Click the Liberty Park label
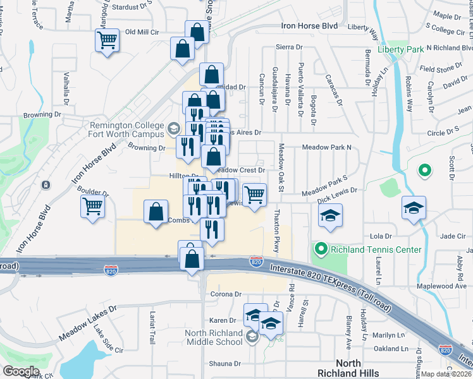400,49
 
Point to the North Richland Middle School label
213,337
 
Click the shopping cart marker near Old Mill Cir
107,40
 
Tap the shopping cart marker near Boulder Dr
93,207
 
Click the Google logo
21,371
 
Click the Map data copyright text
445,374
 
